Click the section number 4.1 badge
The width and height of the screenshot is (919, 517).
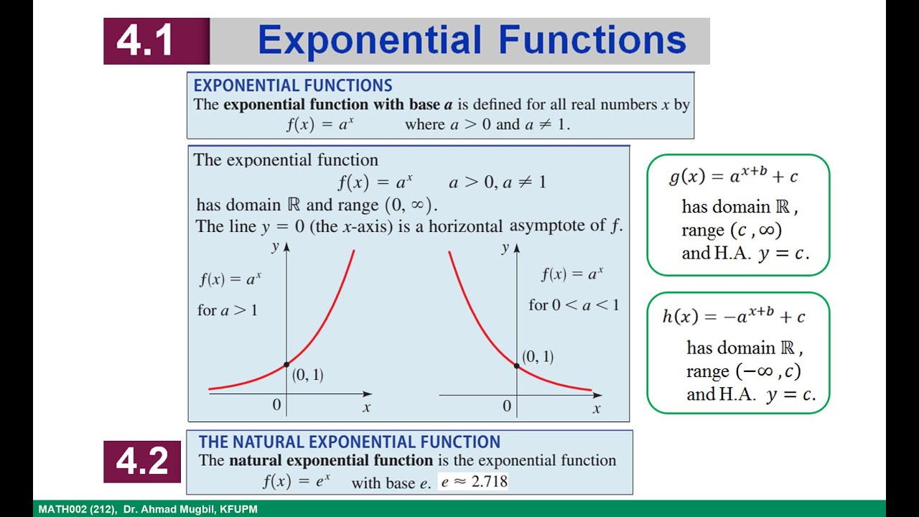point(146,41)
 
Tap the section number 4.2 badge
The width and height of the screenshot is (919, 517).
point(141,462)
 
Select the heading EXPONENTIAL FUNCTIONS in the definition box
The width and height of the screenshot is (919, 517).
point(293,85)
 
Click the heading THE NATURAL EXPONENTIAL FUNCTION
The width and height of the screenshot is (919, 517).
point(349,442)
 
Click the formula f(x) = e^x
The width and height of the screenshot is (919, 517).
point(296,481)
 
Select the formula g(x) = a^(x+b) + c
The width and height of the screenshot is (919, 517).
point(732,177)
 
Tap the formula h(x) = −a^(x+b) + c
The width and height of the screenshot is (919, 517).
point(733,316)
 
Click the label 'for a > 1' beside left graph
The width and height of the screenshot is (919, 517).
point(227,310)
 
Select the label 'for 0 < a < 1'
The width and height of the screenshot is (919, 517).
point(573,305)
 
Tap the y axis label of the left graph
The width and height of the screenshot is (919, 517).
point(275,247)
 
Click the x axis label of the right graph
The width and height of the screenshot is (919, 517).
point(596,409)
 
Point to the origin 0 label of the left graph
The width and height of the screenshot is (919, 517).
point(276,405)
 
